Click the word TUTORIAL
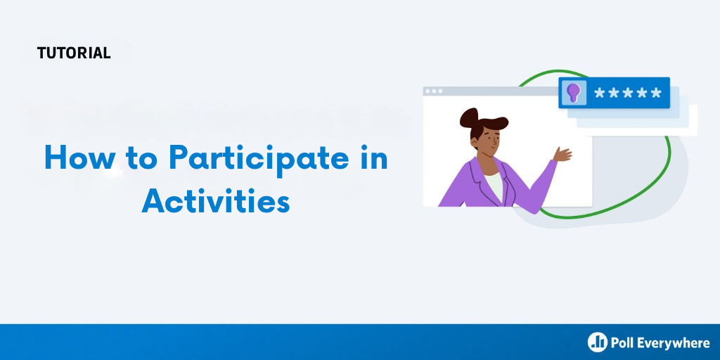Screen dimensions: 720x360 click(x=74, y=53)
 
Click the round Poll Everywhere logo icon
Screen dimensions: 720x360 click(x=597, y=342)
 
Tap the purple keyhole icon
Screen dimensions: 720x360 click(x=573, y=93)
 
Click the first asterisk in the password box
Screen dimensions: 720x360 click(x=599, y=93)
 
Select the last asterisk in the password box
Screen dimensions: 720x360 click(x=656, y=93)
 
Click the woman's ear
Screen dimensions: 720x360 click(x=475, y=141)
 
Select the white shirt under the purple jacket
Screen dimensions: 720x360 click(x=494, y=186)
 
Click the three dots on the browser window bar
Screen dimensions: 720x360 click(x=434, y=91)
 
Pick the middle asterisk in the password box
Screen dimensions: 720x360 click(x=627, y=93)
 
